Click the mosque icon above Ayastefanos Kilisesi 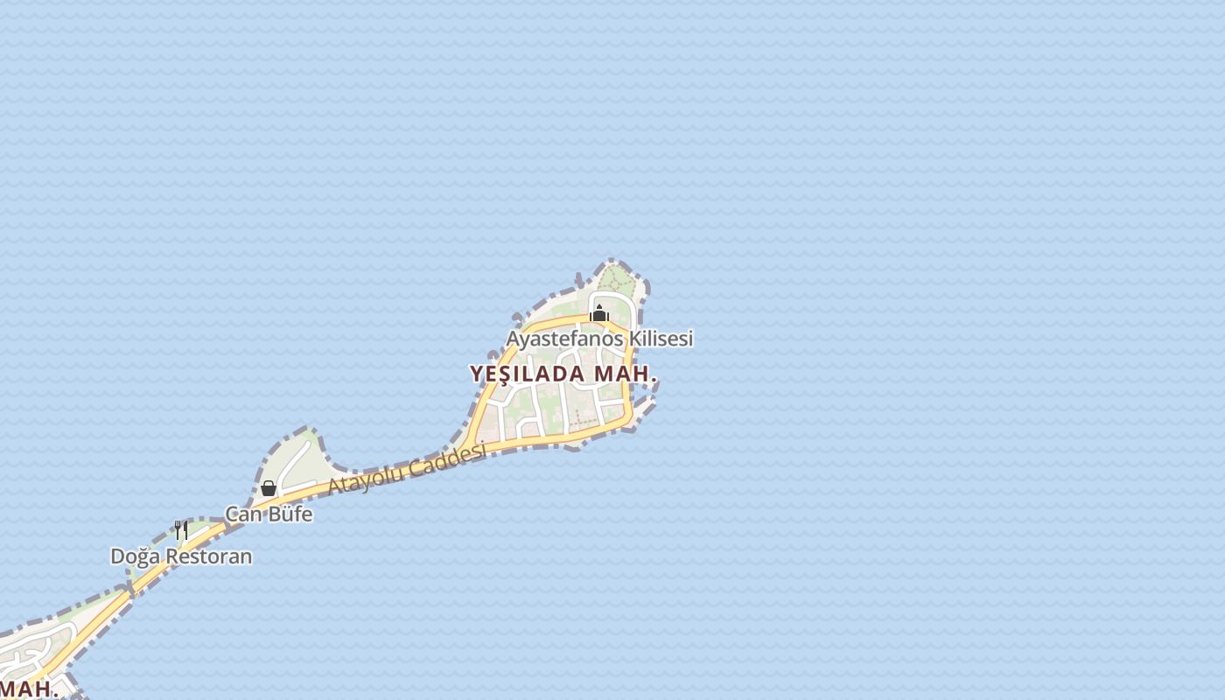click(x=599, y=314)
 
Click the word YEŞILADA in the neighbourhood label click(x=528, y=374)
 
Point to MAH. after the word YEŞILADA click(x=626, y=374)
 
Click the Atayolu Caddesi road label click(x=407, y=470)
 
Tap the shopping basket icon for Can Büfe click(x=269, y=488)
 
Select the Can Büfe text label click(x=269, y=514)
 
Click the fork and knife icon click(x=181, y=530)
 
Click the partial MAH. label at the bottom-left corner click(x=28, y=688)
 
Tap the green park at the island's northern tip click(x=617, y=280)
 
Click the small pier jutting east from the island click(x=645, y=405)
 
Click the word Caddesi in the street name click(x=447, y=459)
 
